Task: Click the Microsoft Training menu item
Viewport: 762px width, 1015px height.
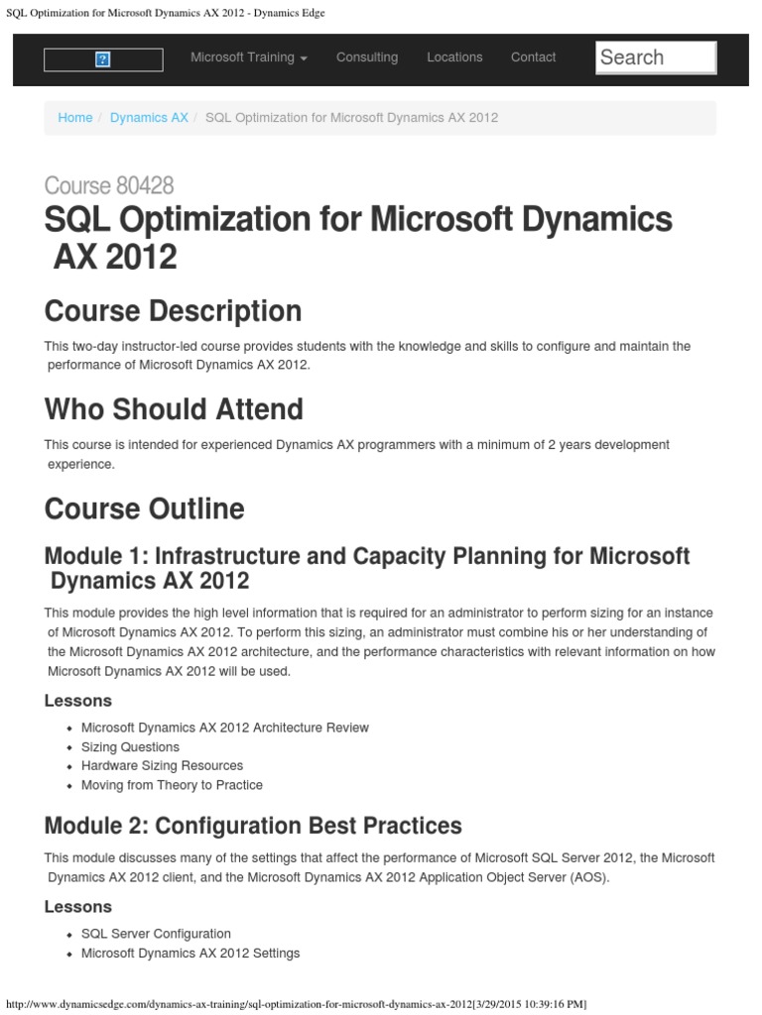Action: [248, 57]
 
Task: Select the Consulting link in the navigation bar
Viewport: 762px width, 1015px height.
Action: [367, 57]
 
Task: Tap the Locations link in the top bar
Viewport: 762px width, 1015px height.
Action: [454, 57]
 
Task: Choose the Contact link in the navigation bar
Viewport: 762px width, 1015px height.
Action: [533, 57]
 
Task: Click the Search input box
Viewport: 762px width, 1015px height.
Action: [656, 57]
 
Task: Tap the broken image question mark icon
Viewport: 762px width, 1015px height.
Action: [102, 59]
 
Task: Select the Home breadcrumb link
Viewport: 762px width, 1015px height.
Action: [75, 118]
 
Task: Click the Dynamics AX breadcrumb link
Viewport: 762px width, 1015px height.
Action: [149, 118]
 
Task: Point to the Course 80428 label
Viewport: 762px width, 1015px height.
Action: [109, 185]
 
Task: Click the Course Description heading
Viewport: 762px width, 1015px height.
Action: [173, 311]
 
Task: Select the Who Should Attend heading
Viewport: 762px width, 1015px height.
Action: [174, 409]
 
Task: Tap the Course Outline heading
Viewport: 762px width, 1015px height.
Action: [144, 508]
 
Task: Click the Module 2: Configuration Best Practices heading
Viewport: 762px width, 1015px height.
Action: [253, 826]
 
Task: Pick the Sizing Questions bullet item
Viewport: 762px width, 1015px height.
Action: [130, 747]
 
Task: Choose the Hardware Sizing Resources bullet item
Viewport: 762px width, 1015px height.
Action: [162, 766]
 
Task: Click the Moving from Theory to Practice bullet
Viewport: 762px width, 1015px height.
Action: [172, 785]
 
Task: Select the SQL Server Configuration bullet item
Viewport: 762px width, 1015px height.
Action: [156, 934]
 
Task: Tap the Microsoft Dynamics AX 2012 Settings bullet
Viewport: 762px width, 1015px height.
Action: [190, 954]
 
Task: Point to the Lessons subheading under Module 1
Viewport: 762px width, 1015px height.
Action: [78, 701]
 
